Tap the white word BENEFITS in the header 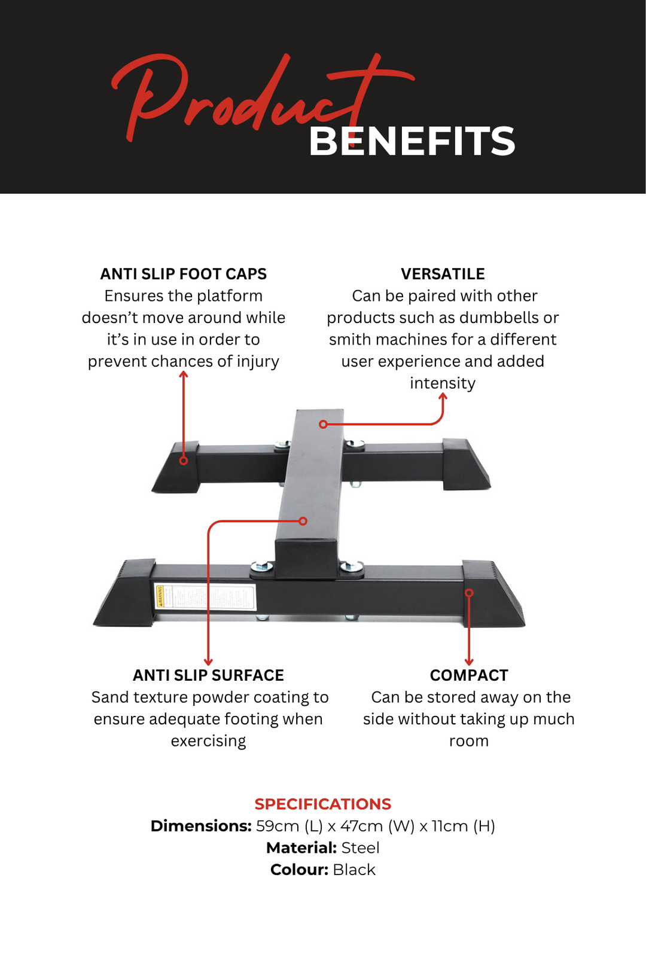click(412, 142)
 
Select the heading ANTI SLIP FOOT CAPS click(183, 274)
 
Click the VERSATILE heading click(443, 274)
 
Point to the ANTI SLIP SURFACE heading click(208, 675)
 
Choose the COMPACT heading click(469, 675)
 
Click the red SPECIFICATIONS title click(323, 804)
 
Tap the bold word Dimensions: click(201, 826)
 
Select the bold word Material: click(301, 848)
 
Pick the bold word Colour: click(299, 870)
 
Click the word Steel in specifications click(360, 848)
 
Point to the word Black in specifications click(354, 870)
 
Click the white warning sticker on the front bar click(205, 596)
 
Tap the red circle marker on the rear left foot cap click(184, 461)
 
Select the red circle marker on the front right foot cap click(470, 593)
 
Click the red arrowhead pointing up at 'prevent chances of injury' click(184, 374)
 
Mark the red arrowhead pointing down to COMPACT click(469, 662)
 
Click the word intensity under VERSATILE click(443, 383)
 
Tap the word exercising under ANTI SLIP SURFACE click(208, 741)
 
